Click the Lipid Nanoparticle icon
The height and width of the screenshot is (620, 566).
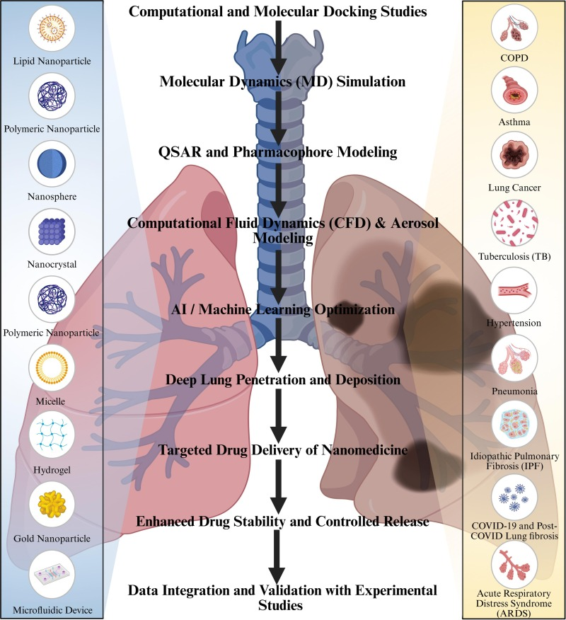coord(52,28)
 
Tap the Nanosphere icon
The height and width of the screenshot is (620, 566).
coord(52,163)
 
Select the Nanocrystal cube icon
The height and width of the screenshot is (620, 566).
coord(52,231)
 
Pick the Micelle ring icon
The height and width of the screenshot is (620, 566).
coord(52,368)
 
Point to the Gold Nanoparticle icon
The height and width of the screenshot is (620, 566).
coord(52,504)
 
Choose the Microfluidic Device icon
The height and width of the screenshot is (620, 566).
coord(52,575)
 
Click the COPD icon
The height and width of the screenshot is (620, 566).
coord(514,27)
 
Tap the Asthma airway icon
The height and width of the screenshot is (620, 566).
coord(514,90)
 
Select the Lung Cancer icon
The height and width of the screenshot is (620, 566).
coord(514,155)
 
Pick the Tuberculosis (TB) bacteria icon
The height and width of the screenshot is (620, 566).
coord(514,223)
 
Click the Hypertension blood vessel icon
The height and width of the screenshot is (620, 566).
coord(514,291)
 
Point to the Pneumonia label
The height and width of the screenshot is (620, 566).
coord(514,391)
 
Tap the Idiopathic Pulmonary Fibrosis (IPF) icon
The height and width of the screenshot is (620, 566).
coord(514,423)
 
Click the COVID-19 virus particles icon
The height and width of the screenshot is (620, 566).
coord(514,498)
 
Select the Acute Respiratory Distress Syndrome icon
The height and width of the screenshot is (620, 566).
coord(514,565)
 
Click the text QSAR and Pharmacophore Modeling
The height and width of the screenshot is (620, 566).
coord(278,152)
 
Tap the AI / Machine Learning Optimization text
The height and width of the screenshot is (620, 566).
coord(283,309)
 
